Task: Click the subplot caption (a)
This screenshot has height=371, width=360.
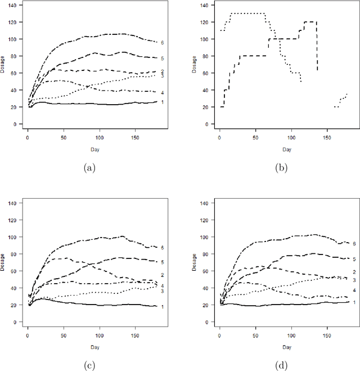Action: pos(89,168)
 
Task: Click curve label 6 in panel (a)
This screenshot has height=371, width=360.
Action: pos(162,42)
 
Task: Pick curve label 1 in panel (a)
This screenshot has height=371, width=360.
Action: pos(162,102)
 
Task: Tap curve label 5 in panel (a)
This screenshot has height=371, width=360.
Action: pos(162,58)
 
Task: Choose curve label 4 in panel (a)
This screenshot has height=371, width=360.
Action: pos(162,92)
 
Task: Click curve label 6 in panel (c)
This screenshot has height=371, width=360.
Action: pos(162,248)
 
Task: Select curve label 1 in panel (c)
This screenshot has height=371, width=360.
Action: pos(162,306)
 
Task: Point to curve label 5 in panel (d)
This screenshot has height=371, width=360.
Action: pos(354,259)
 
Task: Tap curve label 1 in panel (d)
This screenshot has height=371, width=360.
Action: pos(354,302)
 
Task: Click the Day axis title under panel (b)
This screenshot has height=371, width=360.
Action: pos(287,149)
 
